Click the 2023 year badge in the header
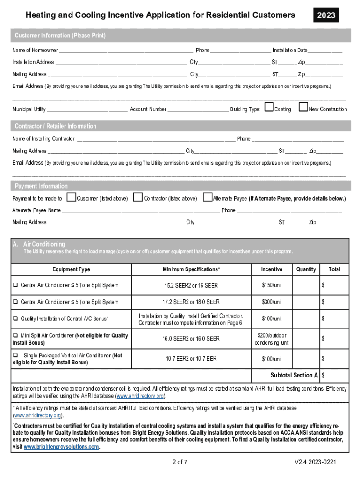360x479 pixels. point(326,15)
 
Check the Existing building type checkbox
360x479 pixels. point(269,108)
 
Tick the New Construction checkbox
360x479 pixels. point(303,108)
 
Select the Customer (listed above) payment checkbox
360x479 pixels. point(72,197)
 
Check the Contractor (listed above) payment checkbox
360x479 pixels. point(138,197)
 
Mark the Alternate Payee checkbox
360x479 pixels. point(207,197)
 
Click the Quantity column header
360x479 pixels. point(306,269)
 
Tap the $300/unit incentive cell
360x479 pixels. point(272,302)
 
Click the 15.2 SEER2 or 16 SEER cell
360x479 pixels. point(191,285)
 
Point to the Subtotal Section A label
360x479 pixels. point(294,376)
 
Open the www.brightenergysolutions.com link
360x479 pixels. point(61,447)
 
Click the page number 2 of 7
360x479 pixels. point(180,463)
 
